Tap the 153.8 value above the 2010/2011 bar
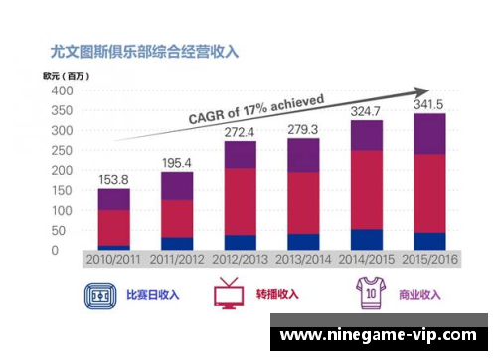pos(113,180)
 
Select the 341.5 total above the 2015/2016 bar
pos(428,104)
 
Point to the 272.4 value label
pos(240,131)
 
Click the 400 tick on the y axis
pos(62,90)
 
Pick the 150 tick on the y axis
pos(62,190)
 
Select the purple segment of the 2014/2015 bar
pos(366,135)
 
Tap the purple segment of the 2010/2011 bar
pos(113,198)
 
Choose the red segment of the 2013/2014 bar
pos(303,203)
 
